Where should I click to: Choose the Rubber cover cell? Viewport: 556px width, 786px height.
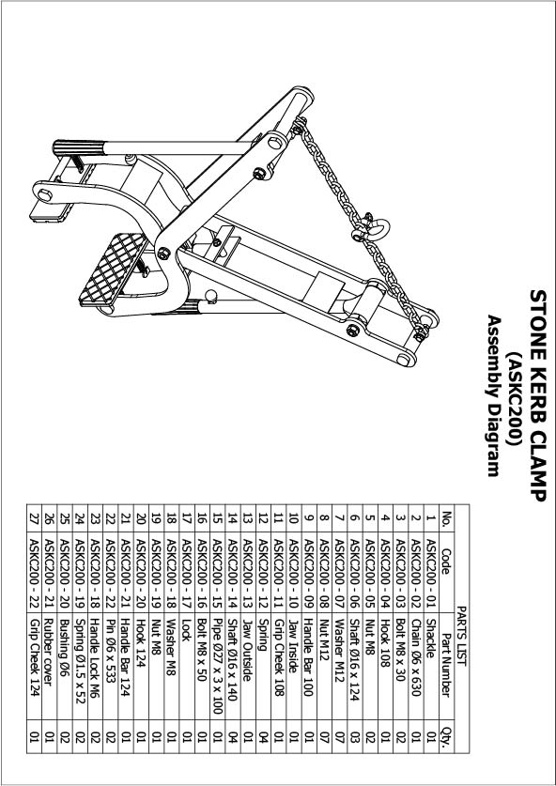point(49,650)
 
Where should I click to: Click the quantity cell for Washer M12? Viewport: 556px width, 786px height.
point(339,736)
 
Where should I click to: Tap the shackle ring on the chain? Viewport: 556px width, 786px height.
point(378,227)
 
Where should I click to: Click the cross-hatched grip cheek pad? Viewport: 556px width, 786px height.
point(114,270)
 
